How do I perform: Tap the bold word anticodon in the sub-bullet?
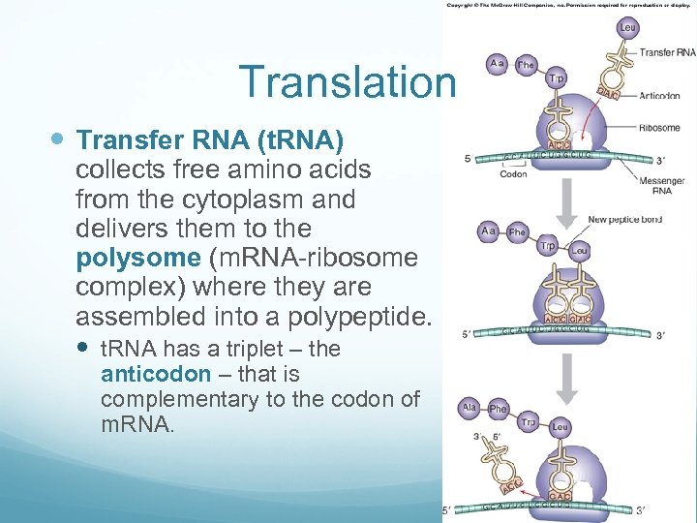pyautogui.click(x=155, y=374)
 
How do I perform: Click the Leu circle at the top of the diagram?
pyautogui.click(x=626, y=27)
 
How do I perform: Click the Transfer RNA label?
pyautogui.click(x=667, y=51)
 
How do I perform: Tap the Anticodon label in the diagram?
pyautogui.click(x=658, y=96)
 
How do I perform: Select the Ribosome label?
pyautogui.click(x=659, y=127)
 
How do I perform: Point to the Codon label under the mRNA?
pyautogui.click(x=514, y=175)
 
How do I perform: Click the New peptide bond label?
pyautogui.click(x=624, y=220)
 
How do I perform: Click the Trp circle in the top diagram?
pyautogui.click(x=556, y=77)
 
